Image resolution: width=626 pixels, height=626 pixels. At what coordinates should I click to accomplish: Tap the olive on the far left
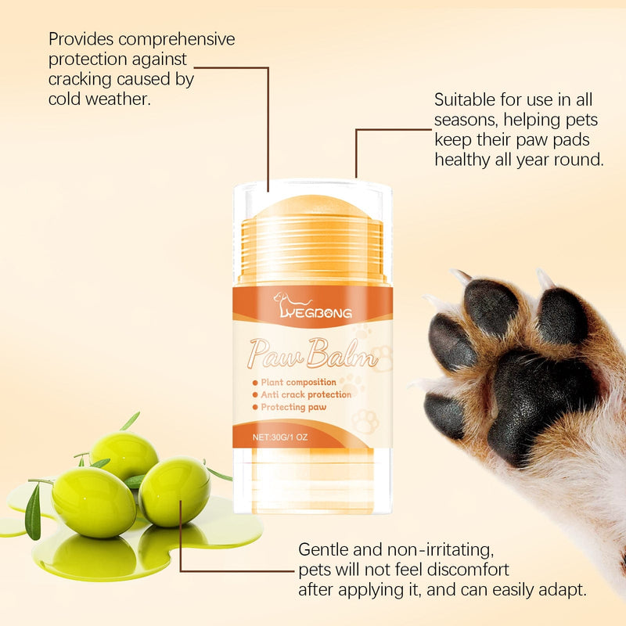[x=94, y=501]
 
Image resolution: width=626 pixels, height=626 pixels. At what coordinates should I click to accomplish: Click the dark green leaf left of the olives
[x=33, y=512]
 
